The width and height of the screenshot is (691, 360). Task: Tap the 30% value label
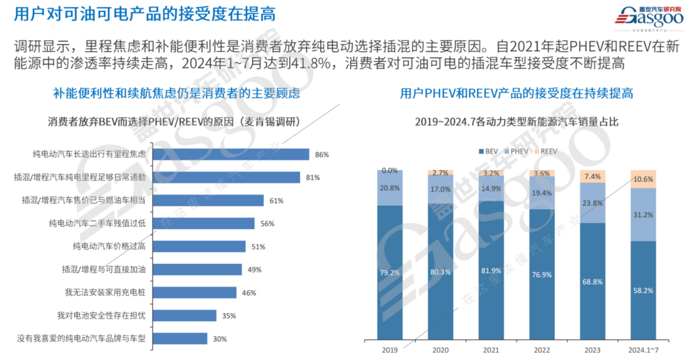(x=220, y=339)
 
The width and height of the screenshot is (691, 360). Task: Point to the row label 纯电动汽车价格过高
(x=109, y=246)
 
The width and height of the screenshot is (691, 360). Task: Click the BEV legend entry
(x=491, y=151)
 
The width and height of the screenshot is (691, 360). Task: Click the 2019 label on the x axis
(x=390, y=350)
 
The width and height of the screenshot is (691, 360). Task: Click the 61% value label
(x=276, y=200)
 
